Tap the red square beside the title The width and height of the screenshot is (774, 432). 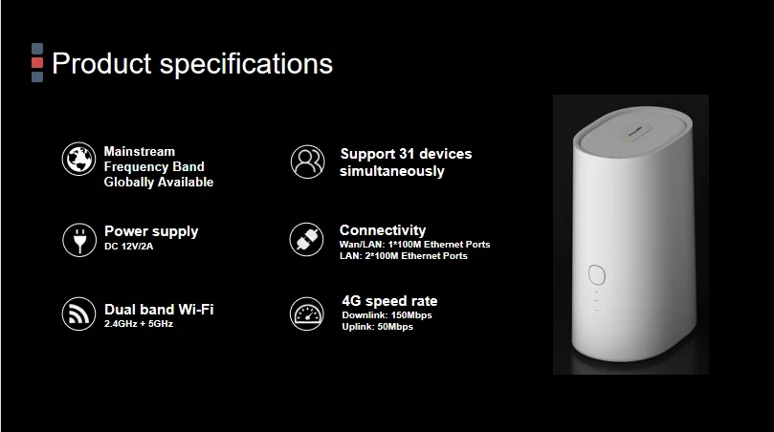point(37,62)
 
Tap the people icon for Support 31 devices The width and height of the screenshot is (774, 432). point(307,161)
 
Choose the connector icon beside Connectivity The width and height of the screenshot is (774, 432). point(307,239)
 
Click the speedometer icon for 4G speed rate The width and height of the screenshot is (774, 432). point(307,314)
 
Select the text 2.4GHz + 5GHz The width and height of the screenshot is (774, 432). point(139,324)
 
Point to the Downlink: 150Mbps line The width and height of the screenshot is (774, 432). point(388,314)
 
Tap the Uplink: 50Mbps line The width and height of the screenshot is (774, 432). point(378,327)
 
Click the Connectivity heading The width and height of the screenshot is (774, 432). point(383,230)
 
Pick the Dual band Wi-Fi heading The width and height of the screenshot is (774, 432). point(159,309)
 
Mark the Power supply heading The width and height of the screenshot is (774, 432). point(151,231)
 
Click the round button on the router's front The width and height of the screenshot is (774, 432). point(596,274)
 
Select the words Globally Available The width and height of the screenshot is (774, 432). point(159,182)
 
